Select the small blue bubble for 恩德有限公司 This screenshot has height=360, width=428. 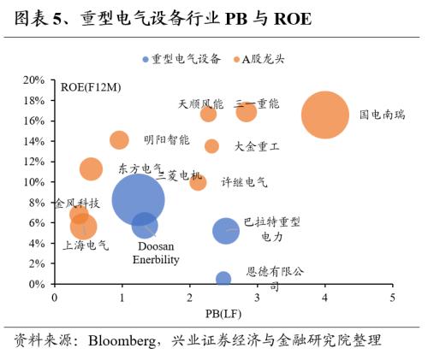(223, 279)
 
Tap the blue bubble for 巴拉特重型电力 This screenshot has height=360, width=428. (226, 230)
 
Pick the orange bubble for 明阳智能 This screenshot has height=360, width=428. (120, 140)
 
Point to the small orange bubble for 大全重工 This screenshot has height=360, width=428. (211, 146)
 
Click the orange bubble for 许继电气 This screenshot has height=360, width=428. (198, 182)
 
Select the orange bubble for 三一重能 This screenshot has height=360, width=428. (247, 112)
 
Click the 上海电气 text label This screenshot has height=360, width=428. (86, 245)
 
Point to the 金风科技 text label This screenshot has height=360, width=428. (77, 203)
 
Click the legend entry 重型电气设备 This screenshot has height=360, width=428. (178, 58)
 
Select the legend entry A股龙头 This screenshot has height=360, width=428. (261, 58)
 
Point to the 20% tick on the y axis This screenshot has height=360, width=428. (33, 80)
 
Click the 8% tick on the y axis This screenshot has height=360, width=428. (36, 203)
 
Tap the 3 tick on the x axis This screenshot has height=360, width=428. (258, 298)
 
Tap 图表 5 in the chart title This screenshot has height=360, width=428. (33, 18)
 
